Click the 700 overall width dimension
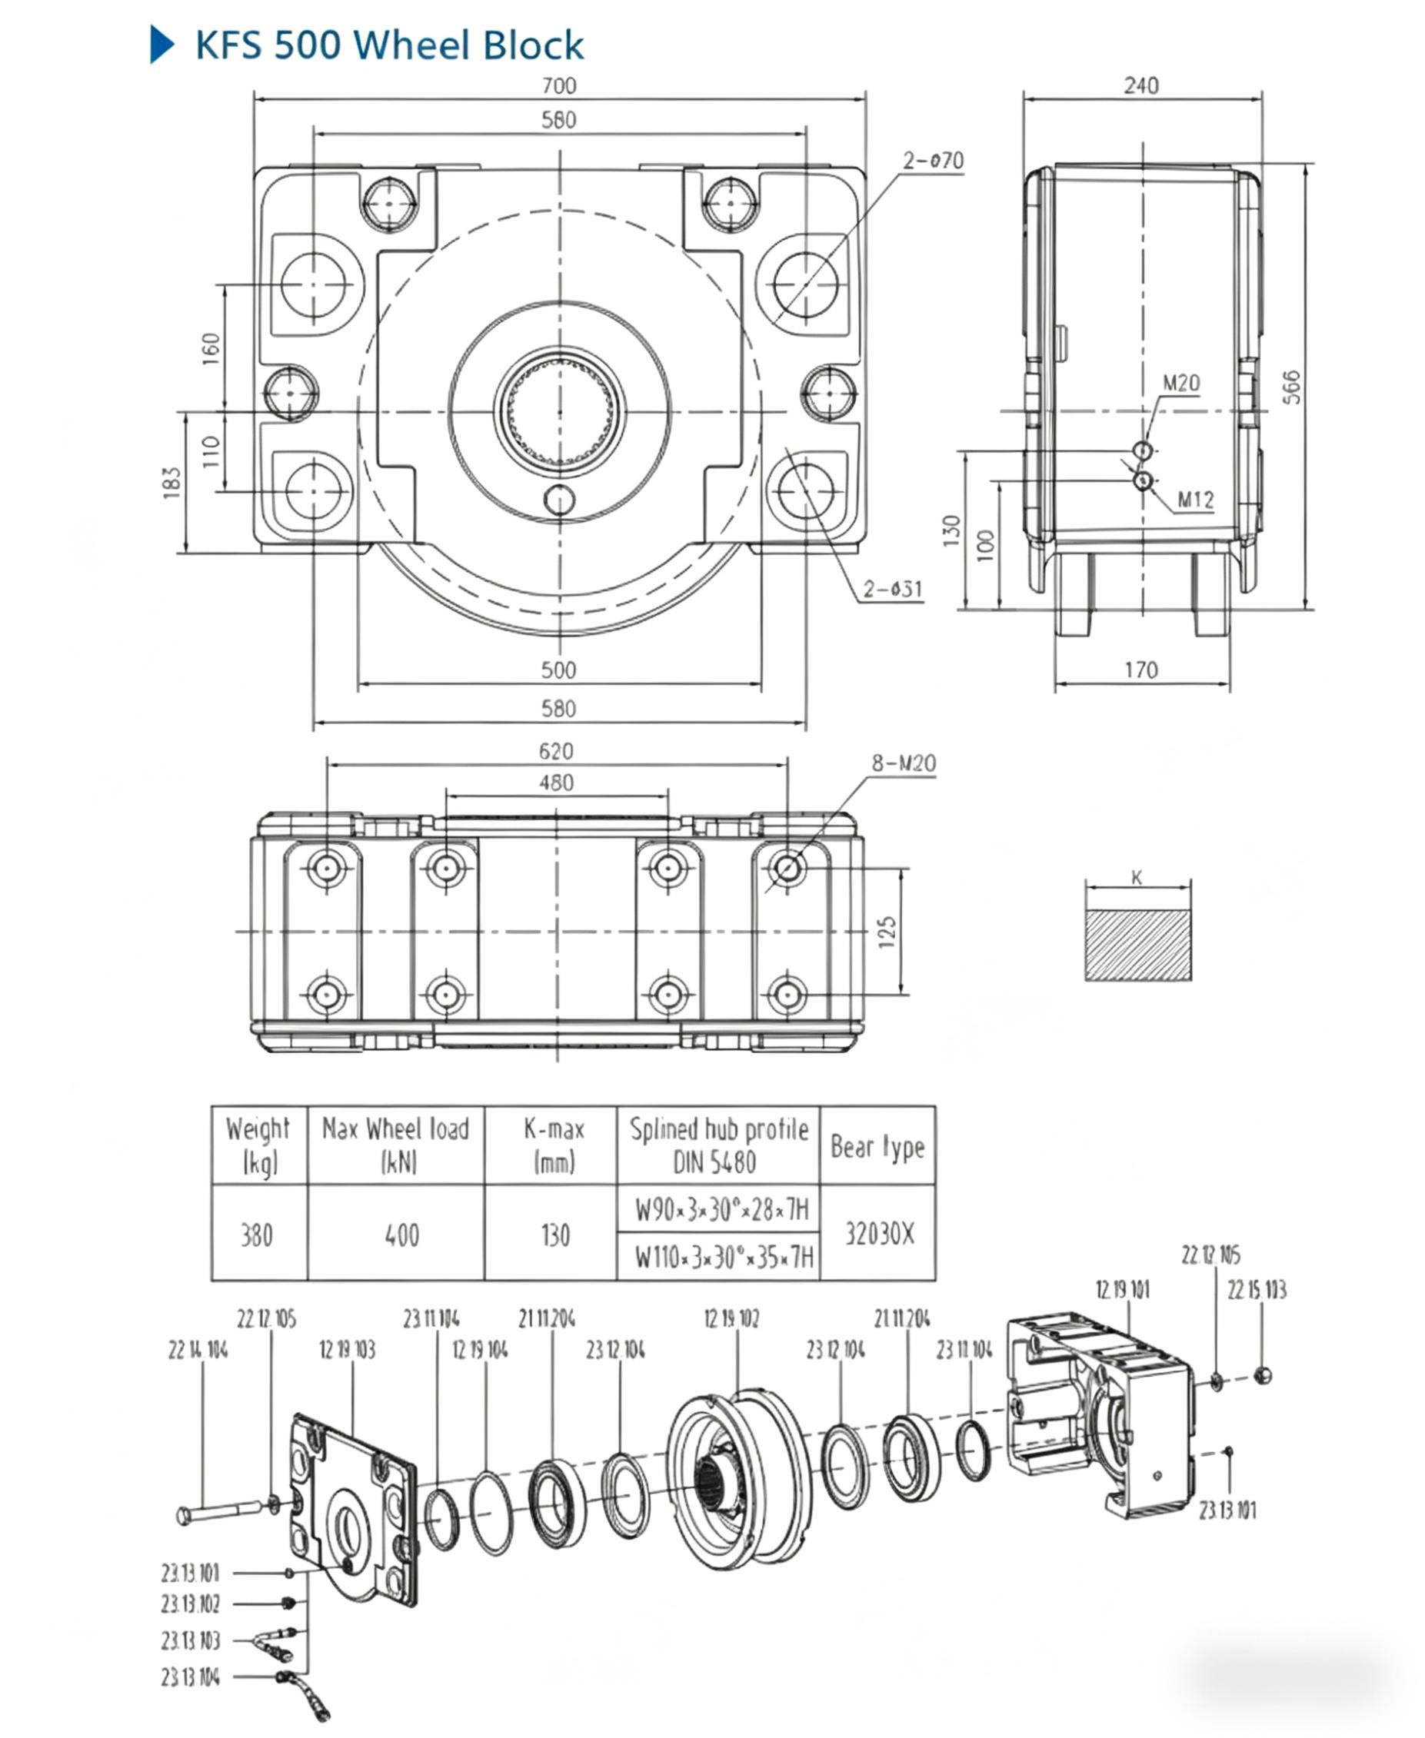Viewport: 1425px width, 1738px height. [559, 85]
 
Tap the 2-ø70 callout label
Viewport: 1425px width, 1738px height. [934, 160]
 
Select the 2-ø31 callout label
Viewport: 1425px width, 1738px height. [892, 588]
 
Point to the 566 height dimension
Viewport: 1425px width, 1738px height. [1291, 387]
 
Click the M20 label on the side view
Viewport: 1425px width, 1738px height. [1180, 384]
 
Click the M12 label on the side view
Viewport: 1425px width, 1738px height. [1195, 499]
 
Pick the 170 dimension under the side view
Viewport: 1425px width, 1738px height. [1141, 670]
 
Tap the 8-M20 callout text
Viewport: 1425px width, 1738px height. [903, 763]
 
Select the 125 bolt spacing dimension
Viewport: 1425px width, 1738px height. [887, 932]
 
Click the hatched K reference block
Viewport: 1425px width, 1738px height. [1137, 945]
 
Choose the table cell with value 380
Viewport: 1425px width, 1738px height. [257, 1235]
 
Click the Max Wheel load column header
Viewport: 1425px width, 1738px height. [395, 1144]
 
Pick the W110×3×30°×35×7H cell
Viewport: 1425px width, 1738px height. [723, 1257]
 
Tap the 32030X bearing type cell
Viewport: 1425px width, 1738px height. [879, 1233]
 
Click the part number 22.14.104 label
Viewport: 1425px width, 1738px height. [198, 1350]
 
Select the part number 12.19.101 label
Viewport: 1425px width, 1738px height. [1122, 1289]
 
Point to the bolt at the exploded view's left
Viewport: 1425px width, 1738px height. [218, 1510]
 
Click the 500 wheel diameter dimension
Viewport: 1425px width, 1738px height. [558, 670]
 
